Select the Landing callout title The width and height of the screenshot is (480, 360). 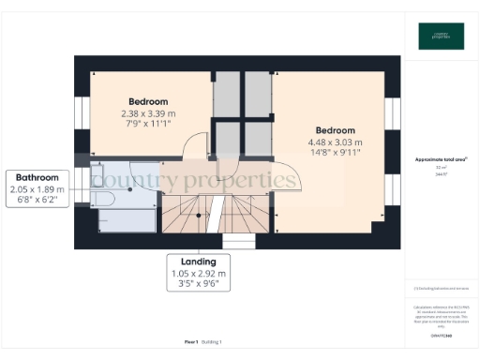click(x=198, y=261)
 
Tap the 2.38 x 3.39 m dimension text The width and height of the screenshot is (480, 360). click(x=148, y=113)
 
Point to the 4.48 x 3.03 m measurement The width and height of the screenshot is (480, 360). click(x=335, y=142)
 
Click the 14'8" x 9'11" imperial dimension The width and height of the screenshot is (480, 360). click(x=335, y=153)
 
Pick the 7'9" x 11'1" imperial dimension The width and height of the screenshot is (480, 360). click(x=148, y=124)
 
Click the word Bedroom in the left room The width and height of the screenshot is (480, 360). click(x=148, y=101)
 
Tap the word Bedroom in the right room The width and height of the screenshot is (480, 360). click(x=335, y=130)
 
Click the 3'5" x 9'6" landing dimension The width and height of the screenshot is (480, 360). click(x=198, y=284)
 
